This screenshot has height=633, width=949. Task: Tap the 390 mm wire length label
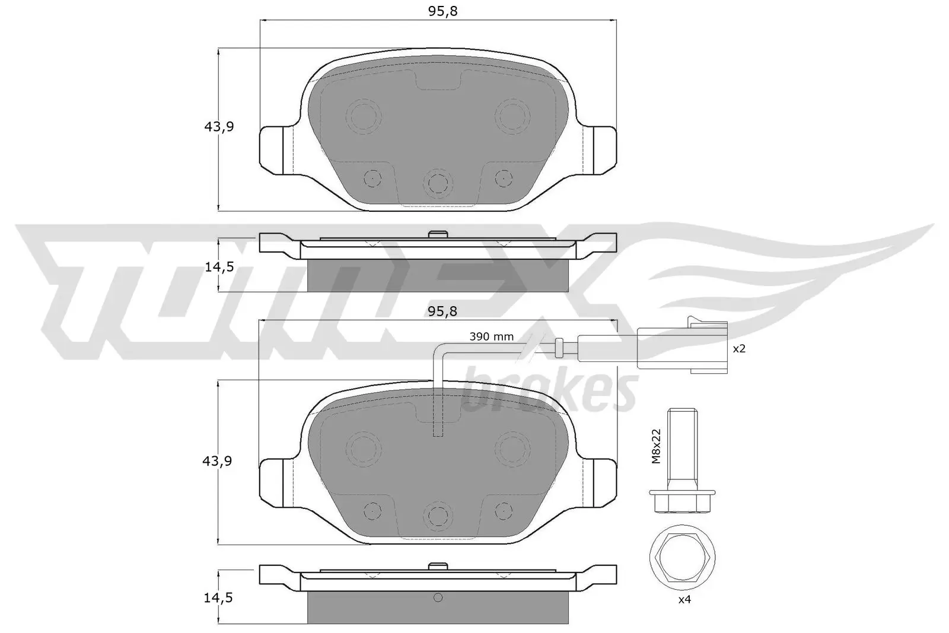click(491, 337)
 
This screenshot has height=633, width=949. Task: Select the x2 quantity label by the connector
click(738, 349)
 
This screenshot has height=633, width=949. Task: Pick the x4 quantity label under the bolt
click(684, 600)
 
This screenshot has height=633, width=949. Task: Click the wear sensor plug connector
click(682, 349)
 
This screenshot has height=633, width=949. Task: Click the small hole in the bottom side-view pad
click(438, 597)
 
